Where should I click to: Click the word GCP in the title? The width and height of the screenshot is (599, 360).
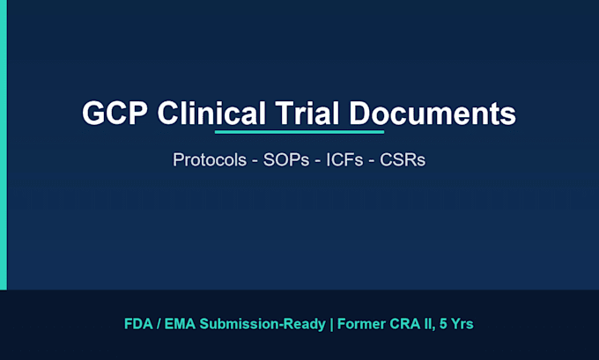115,114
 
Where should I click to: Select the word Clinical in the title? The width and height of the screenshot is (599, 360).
211,114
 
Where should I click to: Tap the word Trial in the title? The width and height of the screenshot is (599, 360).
307,114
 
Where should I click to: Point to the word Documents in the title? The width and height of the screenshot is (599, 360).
433,114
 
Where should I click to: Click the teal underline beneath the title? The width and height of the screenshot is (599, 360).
299,132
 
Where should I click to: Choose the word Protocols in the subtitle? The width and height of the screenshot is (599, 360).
210,159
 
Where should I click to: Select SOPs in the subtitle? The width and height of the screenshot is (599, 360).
286,159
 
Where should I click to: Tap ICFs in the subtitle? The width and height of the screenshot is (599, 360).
344,159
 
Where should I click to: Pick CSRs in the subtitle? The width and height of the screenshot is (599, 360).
403,159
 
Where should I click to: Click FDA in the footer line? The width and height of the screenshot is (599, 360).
138,324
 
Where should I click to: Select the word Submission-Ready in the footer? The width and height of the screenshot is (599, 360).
263,325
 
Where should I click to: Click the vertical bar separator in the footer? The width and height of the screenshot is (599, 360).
331,325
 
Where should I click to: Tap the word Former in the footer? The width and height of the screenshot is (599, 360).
361,324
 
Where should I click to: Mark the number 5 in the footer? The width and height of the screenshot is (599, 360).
443,324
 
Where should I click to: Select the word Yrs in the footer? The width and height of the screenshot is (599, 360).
462,324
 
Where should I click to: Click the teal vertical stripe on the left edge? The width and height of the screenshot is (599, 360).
4,144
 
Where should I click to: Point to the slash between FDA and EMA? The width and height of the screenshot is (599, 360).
159,324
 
